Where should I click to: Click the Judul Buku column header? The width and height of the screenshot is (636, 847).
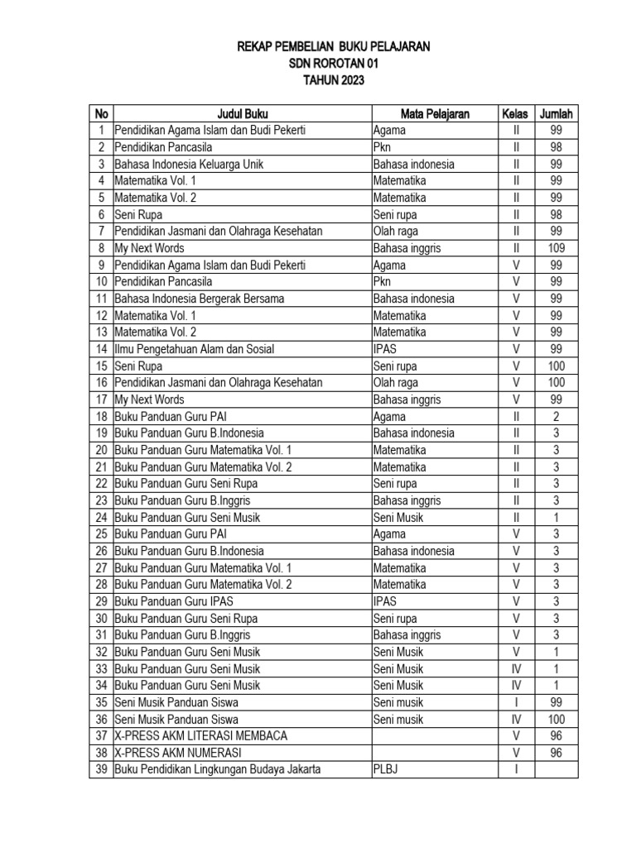click(x=242, y=113)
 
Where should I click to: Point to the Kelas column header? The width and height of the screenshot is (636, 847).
click(x=515, y=113)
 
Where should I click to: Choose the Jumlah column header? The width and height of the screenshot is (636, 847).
click(x=556, y=113)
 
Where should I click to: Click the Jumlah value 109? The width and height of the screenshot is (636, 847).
click(x=556, y=248)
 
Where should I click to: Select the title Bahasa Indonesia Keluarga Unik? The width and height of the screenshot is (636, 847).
click(x=189, y=164)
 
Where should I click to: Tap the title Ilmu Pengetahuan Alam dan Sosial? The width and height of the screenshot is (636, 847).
click(x=194, y=349)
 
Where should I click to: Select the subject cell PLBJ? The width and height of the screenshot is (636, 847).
click(x=387, y=770)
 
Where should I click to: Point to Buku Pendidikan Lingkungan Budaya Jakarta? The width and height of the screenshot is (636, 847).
click(x=217, y=770)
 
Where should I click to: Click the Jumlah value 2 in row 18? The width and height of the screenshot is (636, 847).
click(x=556, y=416)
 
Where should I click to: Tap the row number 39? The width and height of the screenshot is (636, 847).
click(x=102, y=770)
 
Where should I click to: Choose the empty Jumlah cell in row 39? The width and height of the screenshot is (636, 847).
click(x=556, y=770)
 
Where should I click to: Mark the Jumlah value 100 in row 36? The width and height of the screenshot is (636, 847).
click(x=556, y=720)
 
